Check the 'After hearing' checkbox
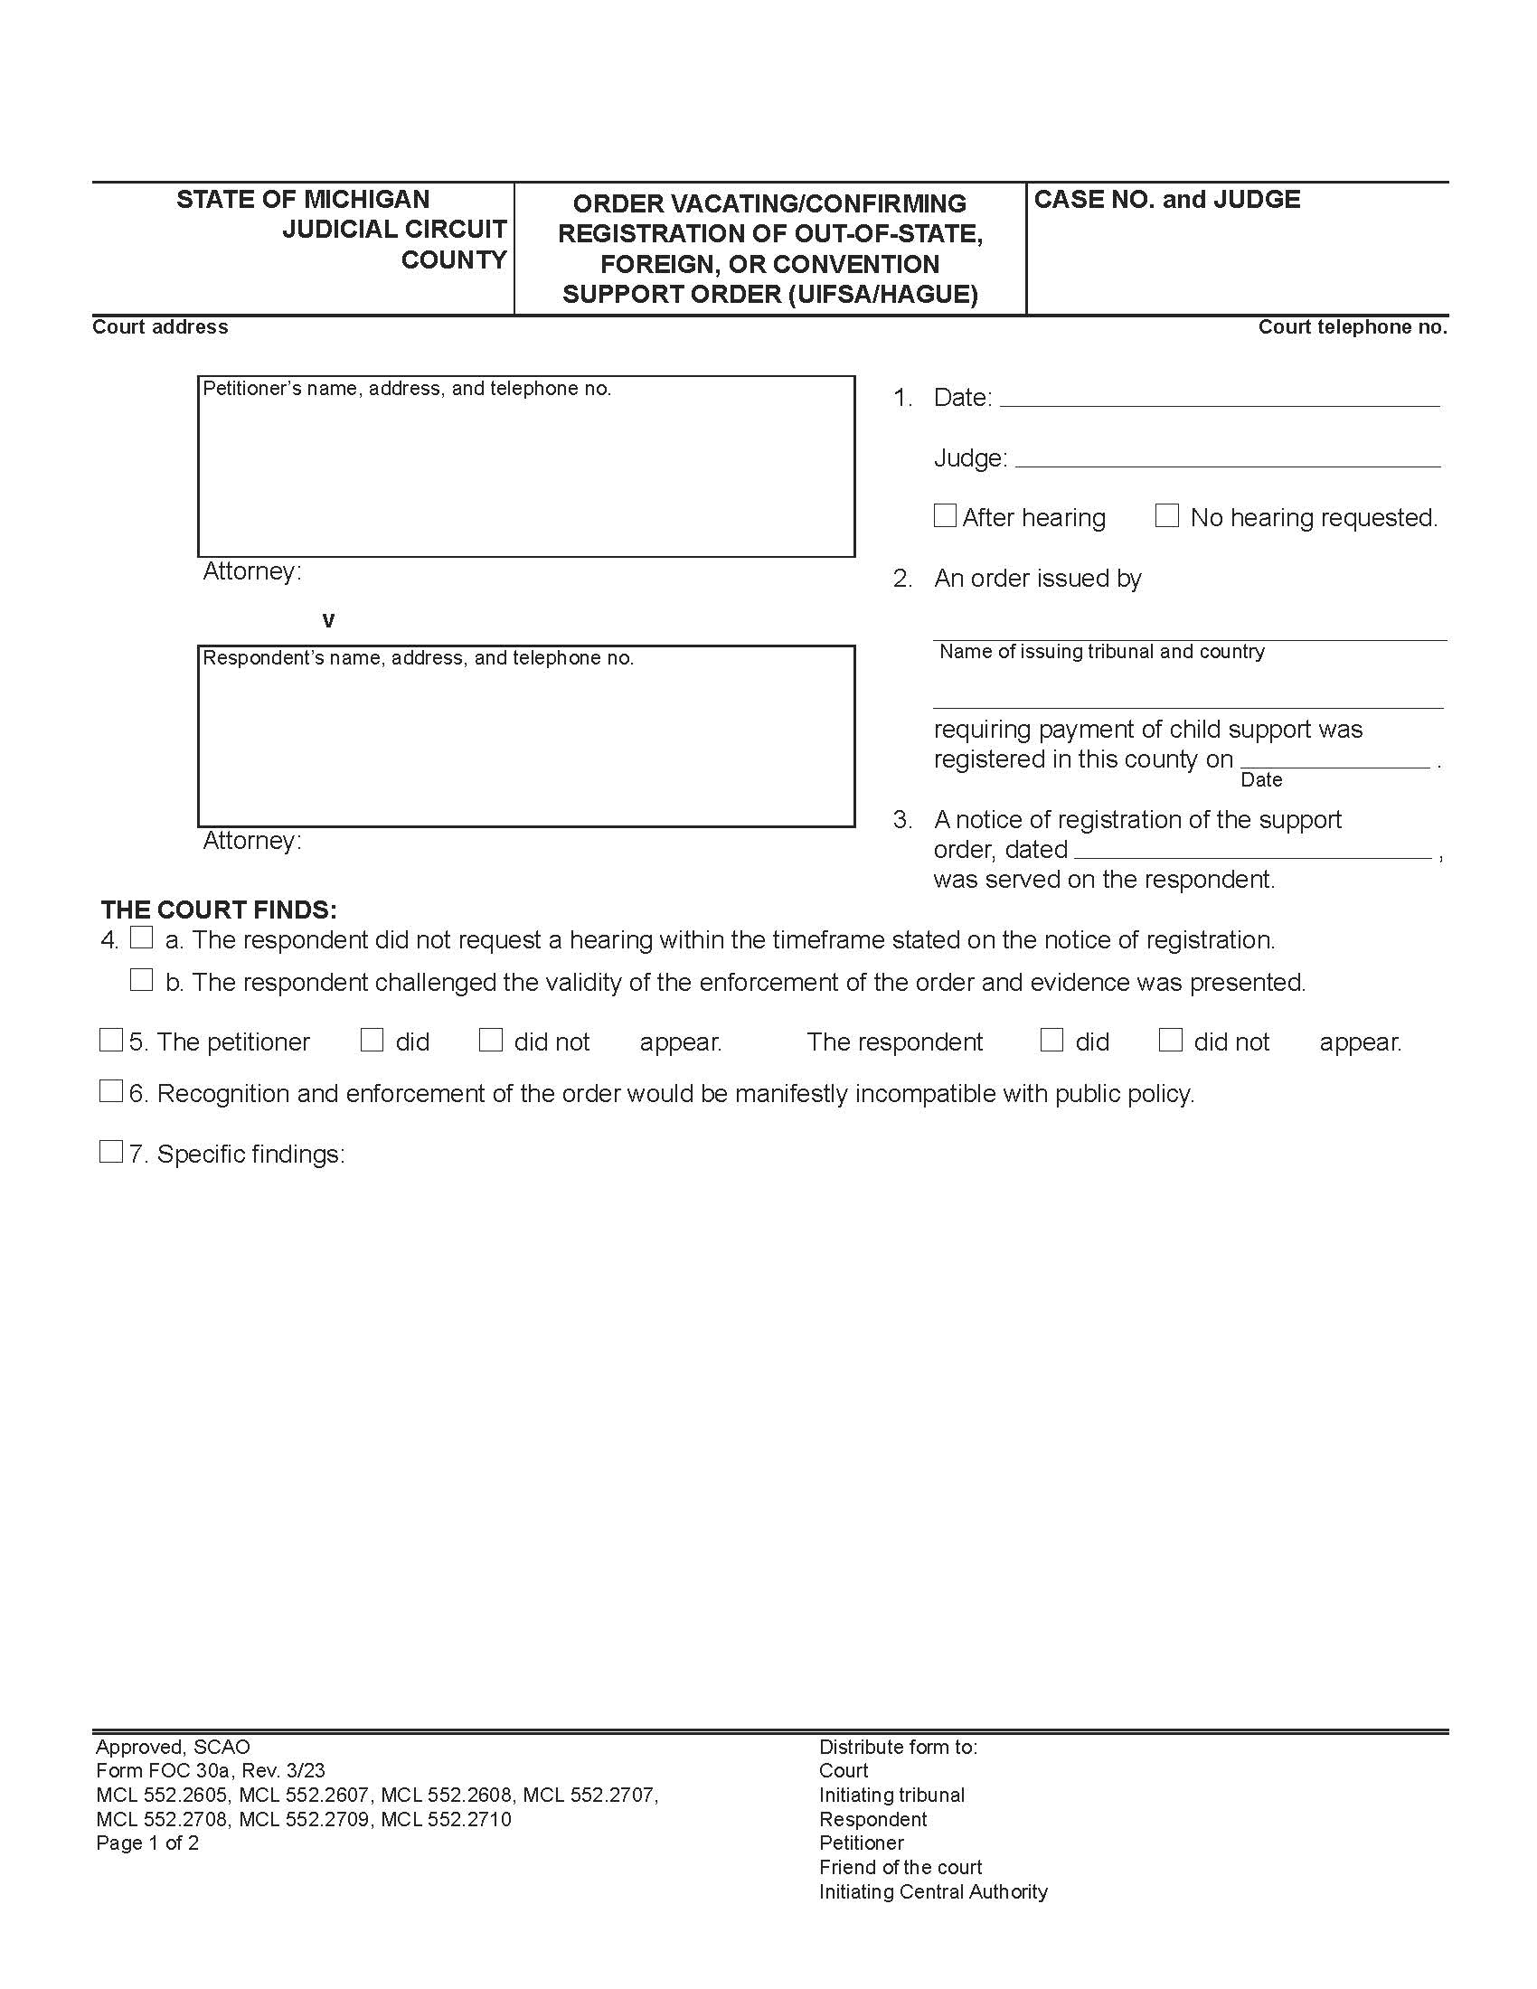[x=945, y=515]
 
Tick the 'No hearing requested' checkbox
[x=1166, y=515]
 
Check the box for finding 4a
[x=141, y=938]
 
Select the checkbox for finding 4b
[x=141, y=980]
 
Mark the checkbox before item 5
[x=110, y=1040]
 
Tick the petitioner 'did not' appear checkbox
[x=491, y=1040]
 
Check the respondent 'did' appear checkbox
[x=1051, y=1040]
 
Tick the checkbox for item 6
[x=110, y=1091]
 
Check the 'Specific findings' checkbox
[x=110, y=1152]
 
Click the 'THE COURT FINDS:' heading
[x=219, y=910]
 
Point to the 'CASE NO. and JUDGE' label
[x=1166, y=200]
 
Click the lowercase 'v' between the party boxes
[x=329, y=621]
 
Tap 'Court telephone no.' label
[x=1353, y=327]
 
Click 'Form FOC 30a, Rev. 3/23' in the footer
[x=211, y=1770]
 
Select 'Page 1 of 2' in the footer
[x=147, y=1843]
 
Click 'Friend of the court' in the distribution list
[x=900, y=1867]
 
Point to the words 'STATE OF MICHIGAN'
[x=302, y=200]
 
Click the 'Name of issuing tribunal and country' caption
[x=1102, y=651]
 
